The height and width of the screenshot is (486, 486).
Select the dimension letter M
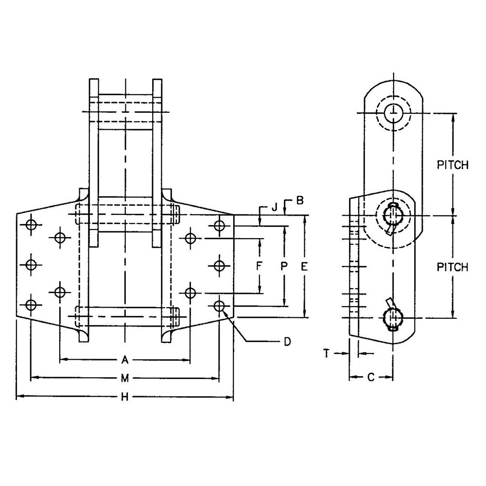pyautogui.click(x=124, y=378)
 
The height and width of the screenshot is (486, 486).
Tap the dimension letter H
pyautogui.click(x=124, y=397)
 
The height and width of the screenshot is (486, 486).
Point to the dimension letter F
pyautogui.click(x=259, y=266)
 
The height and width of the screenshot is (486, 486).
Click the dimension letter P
pyautogui.click(x=284, y=266)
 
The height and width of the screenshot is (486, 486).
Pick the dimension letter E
pyautogui.click(x=304, y=266)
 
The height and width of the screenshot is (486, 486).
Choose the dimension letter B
pyautogui.click(x=299, y=201)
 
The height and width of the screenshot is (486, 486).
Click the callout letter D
pyautogui.click(x=288, y=342)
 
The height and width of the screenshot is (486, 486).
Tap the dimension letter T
pyautogui.click(x=326, y=353)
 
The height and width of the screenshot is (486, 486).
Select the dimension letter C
pyautogui.click(x=371, y=377)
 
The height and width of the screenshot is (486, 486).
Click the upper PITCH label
pyautogui.click(x=452, y=165)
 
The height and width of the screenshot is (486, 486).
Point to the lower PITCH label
pyautogui.click(x=452, y=267)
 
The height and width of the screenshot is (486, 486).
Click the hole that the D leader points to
pyautogui.click(x=220, y=306)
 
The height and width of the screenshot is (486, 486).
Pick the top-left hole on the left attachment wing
pyautogui.click(x=31, y=225)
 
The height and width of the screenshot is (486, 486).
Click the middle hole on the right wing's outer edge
pyautogui.click(x=220, y=266)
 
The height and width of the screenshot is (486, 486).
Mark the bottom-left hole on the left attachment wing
pyautogui.click(x=31, y=305)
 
